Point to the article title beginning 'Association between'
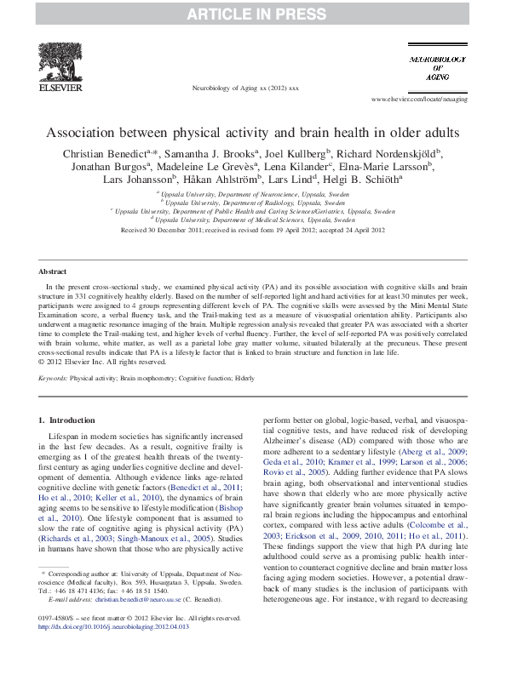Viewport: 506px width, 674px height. pyautogui.click(x=252, y=133)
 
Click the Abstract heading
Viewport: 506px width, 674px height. pyautogui.click(x=53, y=269)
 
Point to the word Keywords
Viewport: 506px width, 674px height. pyautogui.click(x=54, y=376)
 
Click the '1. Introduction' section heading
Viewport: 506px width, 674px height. pyautogui.click(x=69, y=420)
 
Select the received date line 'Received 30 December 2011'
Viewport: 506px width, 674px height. pyautogui.click(x=252, y=230)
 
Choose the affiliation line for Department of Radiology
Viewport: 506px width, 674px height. pyautogui.click(x=254, y=203)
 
